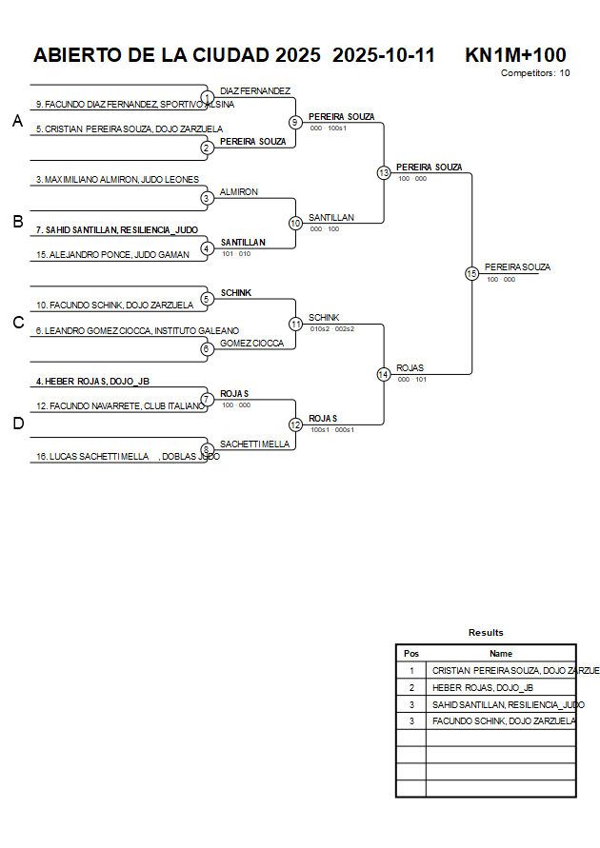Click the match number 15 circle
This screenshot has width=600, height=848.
tap(471, 273)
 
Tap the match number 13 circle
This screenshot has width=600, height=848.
tap(384, 173)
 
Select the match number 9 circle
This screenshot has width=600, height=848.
tap(295, 122)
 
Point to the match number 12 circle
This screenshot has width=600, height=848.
tap(295, 424)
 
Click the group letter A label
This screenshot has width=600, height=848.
tap(17, 121)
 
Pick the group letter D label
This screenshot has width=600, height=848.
tap(17, 424)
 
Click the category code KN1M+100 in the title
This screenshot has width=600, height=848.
tap(515, 55)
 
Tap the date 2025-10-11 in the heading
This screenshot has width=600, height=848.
tap(384, 55)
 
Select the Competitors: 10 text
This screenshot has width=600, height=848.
tap(535, 73)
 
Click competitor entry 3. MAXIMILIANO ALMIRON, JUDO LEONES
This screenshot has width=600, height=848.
tap(117, 179)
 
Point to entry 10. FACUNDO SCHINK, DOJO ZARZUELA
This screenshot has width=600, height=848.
tap(114, 306)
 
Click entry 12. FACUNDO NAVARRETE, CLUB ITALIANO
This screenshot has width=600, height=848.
tap(120, 406)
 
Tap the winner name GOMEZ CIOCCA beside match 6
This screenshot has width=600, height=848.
tap(251, 343)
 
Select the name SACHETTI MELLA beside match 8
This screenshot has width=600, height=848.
tap(254, 444)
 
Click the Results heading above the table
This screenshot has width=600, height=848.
tap(486, 632)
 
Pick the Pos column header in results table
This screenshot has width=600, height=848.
tap(411, 654)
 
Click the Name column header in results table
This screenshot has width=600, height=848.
tap(501, 654)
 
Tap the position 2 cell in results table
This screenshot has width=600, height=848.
tap(411, 687)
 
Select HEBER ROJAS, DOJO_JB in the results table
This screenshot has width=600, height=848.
tap(483, 687)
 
